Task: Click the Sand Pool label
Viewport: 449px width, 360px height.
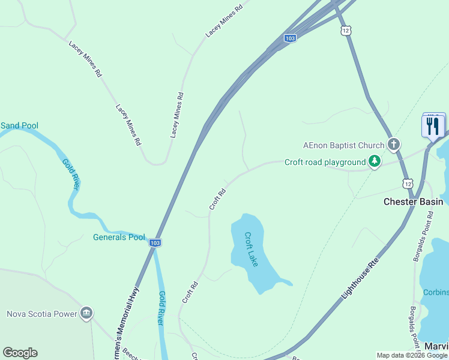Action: tap(19, 125)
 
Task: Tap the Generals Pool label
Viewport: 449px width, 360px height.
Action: tap(119, 237)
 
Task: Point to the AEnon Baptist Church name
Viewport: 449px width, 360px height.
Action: tap(343, 145)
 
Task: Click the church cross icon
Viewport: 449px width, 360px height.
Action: tap(394, 144)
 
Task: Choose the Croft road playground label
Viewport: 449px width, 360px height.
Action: tap(325, 162)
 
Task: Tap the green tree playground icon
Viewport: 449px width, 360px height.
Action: tap(375, 161)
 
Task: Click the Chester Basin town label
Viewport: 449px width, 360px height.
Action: tap(413, 202)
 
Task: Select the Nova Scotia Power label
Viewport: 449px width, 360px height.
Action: tap(42, 314)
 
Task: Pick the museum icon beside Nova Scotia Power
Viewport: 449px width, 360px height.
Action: tap(86, 313)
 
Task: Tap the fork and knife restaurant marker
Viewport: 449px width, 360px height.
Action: tap(433, 126)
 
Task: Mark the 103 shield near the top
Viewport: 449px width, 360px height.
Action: tap(290, 38)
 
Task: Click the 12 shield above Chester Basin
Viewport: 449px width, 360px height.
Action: tap(408, 183)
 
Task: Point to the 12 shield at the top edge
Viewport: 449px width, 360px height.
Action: tap(345, 29)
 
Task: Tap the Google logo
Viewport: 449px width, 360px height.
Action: tap(20, 353)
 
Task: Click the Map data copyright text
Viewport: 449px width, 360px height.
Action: tap(411, 355)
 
